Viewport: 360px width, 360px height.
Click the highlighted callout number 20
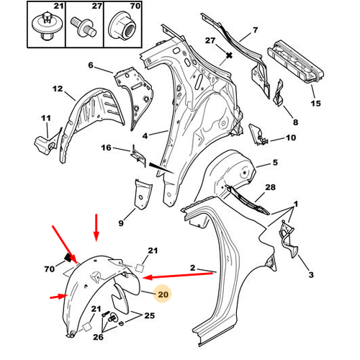pos(163,294)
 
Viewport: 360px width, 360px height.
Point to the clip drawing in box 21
pos(47,27)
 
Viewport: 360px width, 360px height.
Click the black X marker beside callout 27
pos(230,55)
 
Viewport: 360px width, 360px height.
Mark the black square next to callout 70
pos(68,258)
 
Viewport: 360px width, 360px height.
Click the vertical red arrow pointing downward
pos(96,228)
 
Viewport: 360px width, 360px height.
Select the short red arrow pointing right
pos(59,297)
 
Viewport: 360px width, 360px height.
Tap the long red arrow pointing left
pos(178,275)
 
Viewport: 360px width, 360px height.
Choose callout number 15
pos(315,104)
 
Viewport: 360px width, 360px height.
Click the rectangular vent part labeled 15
pos(296,63)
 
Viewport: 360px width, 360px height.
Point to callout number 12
pos(58,89)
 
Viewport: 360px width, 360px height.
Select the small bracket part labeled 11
pos(47,143)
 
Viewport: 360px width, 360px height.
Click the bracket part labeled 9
pos(143,194)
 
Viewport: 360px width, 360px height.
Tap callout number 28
pos(270,187)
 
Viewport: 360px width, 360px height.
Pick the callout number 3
pos(311,274)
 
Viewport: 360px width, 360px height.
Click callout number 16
pos(106,148)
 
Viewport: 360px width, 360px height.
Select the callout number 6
pos(91,65)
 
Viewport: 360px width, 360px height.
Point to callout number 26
pos(98,337)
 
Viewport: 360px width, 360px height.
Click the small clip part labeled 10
pos(258,135)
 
